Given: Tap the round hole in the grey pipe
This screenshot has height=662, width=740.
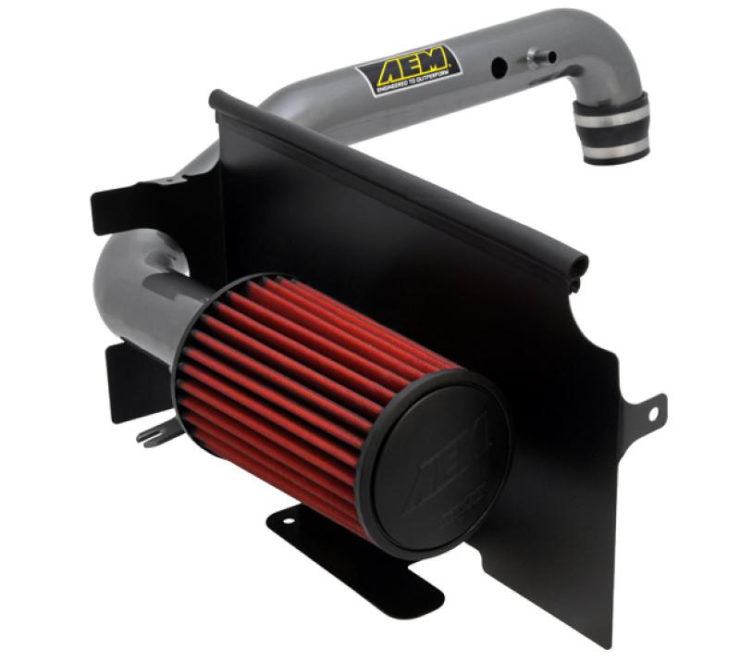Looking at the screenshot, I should [x=499, y=67].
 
